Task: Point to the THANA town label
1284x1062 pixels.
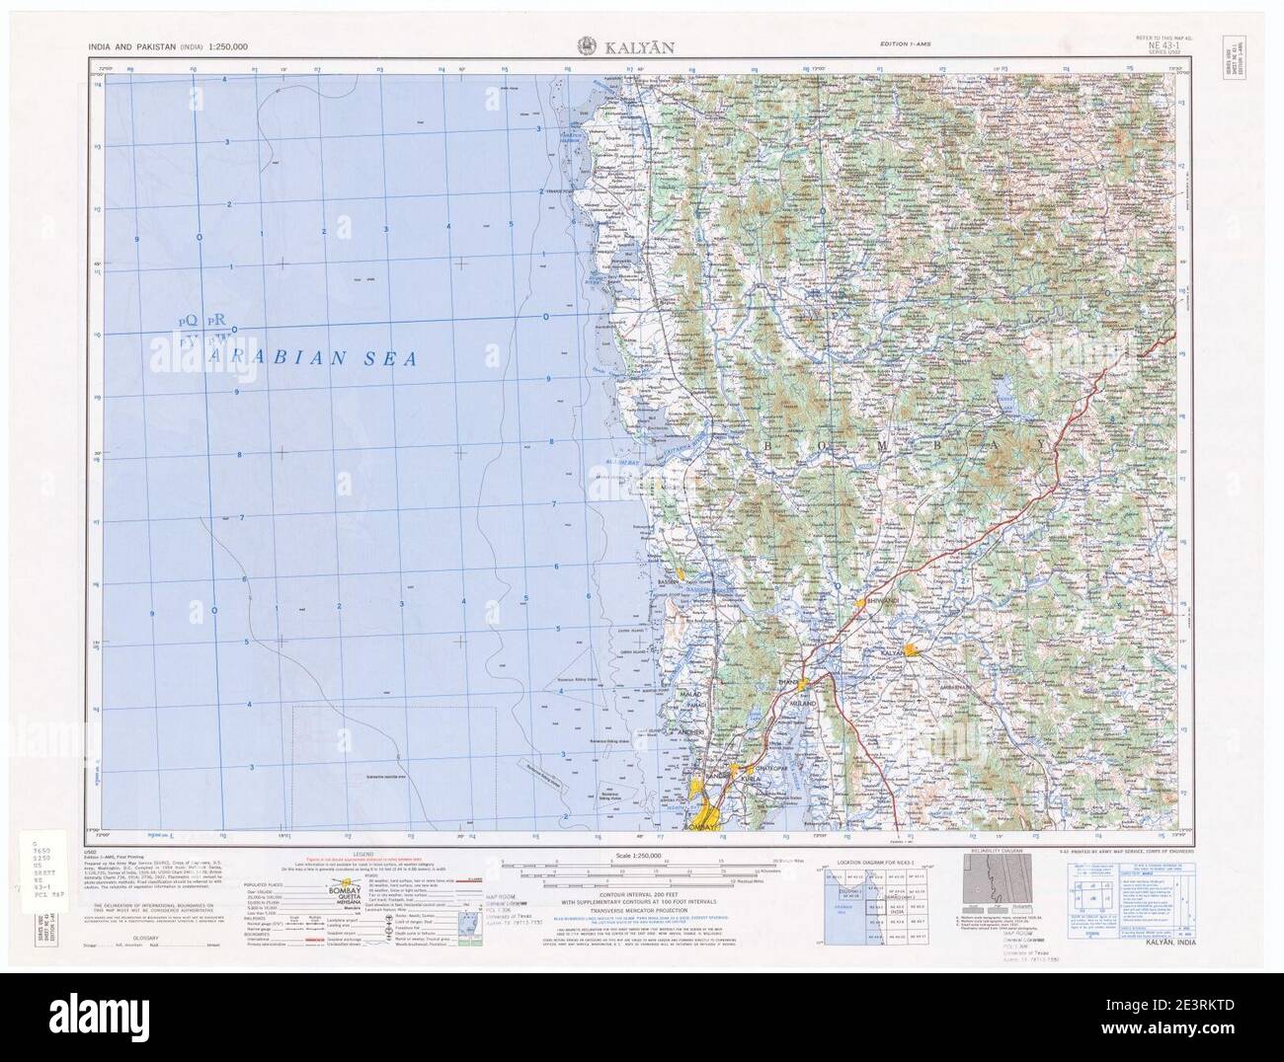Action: pos(788,681)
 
